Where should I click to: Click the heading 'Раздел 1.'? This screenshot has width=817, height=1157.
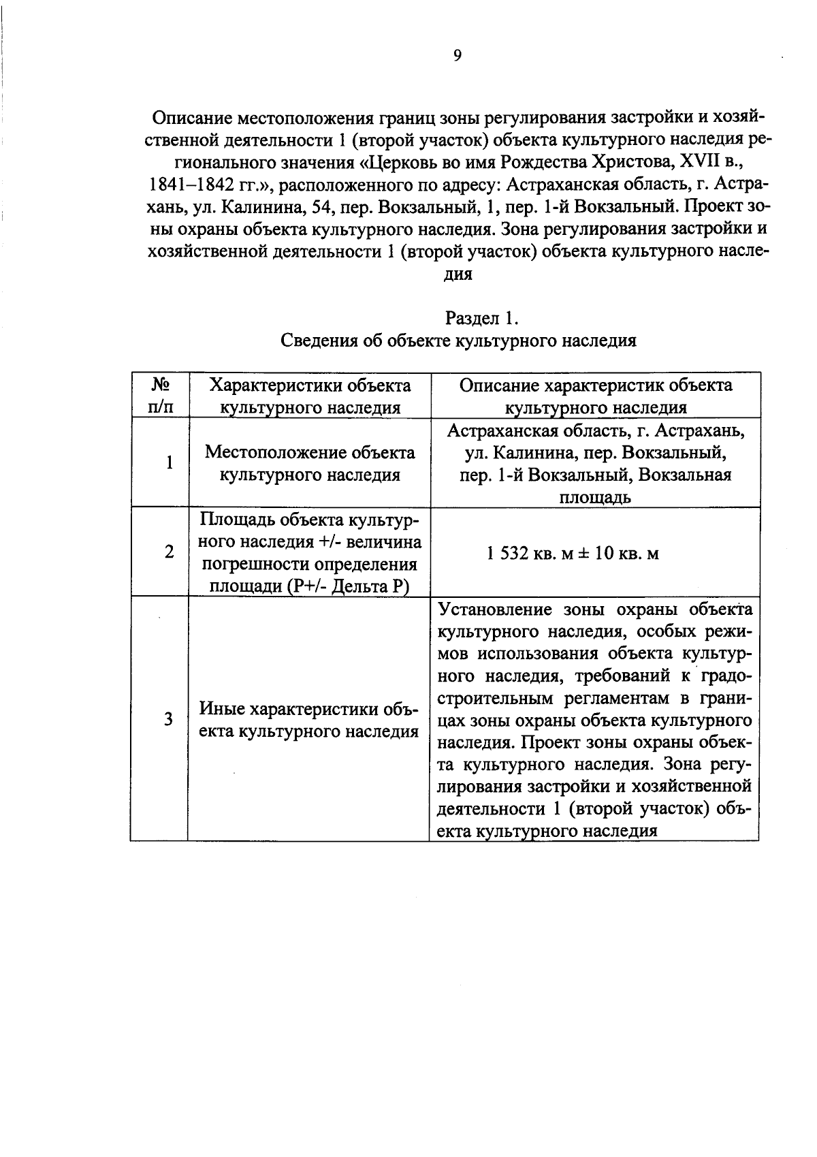coord(482,318)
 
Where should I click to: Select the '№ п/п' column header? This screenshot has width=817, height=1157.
coord(159,396)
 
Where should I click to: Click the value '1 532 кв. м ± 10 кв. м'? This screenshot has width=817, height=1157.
coord(573,553)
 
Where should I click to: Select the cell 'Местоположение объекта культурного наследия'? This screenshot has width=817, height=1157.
coord(310,463)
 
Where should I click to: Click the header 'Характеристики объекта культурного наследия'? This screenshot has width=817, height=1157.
coord(310,396)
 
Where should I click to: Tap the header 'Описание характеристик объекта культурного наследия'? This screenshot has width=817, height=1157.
coord(596,396)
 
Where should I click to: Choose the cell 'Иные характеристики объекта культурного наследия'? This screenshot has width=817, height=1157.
coord(308,720)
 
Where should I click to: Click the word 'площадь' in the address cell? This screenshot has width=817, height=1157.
coord(594,497)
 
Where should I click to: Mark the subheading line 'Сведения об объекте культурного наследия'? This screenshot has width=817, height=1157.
coord(459,340)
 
